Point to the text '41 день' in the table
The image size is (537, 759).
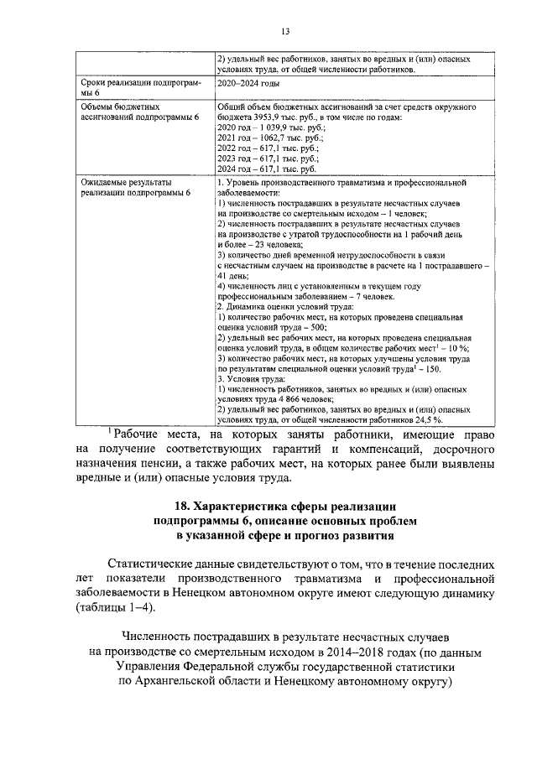tap(230, 274)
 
